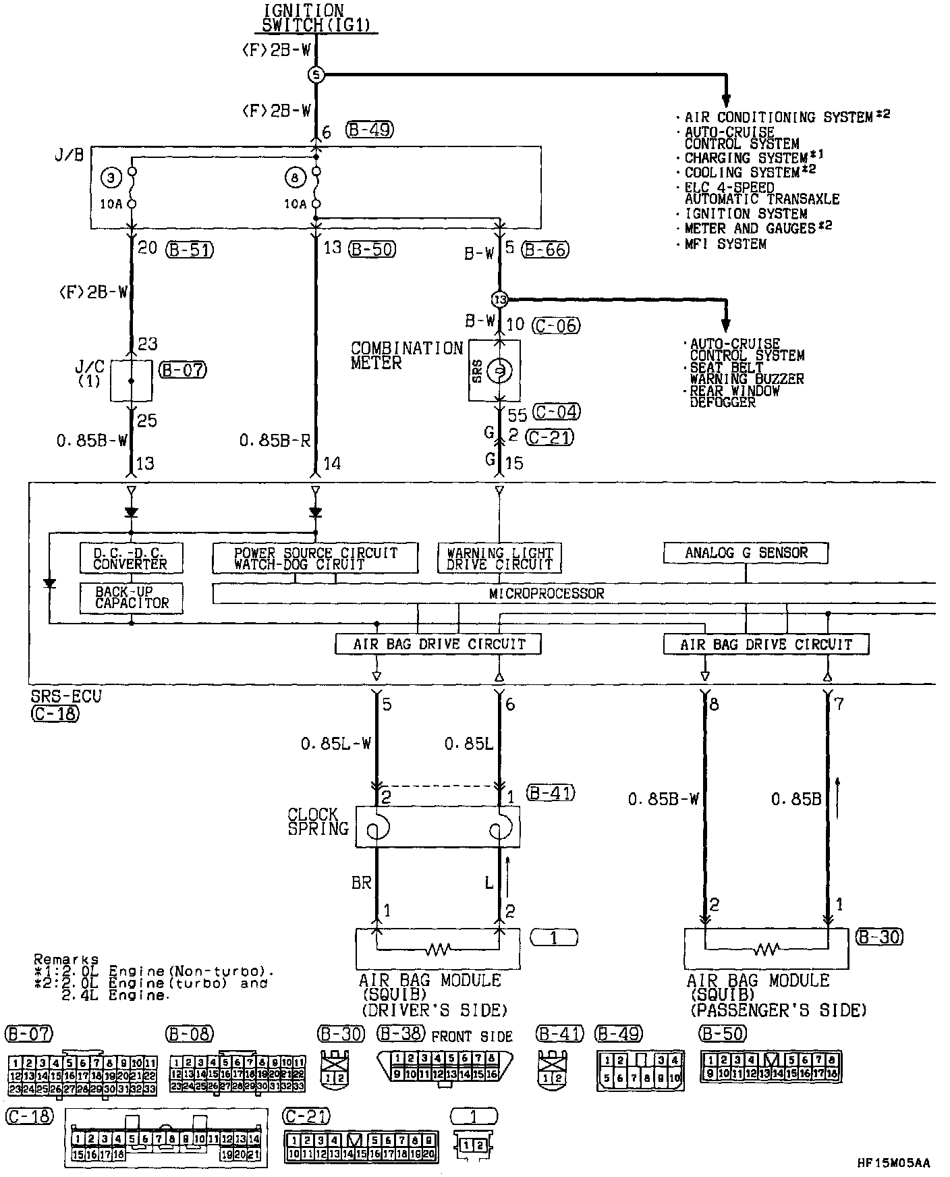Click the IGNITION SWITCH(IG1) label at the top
[315, 18]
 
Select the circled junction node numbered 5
[316, 75]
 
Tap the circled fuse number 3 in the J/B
[110, 178]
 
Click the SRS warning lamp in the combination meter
[499, 370]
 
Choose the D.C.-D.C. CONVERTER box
[131, 558]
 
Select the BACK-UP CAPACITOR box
[131, 598]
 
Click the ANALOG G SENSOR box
[746, 553]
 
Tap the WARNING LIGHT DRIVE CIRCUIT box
[499, 558]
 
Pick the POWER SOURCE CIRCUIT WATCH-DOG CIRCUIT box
[315, 558]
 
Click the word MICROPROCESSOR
[547, 593]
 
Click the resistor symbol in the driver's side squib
[437, 950]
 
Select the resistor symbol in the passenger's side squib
[766, 950]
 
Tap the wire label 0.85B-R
[275, 441]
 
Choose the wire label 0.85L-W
[336, 744]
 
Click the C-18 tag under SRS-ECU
[54, 713]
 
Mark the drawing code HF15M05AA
[893, 1163]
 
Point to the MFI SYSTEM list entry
[725, 244]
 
